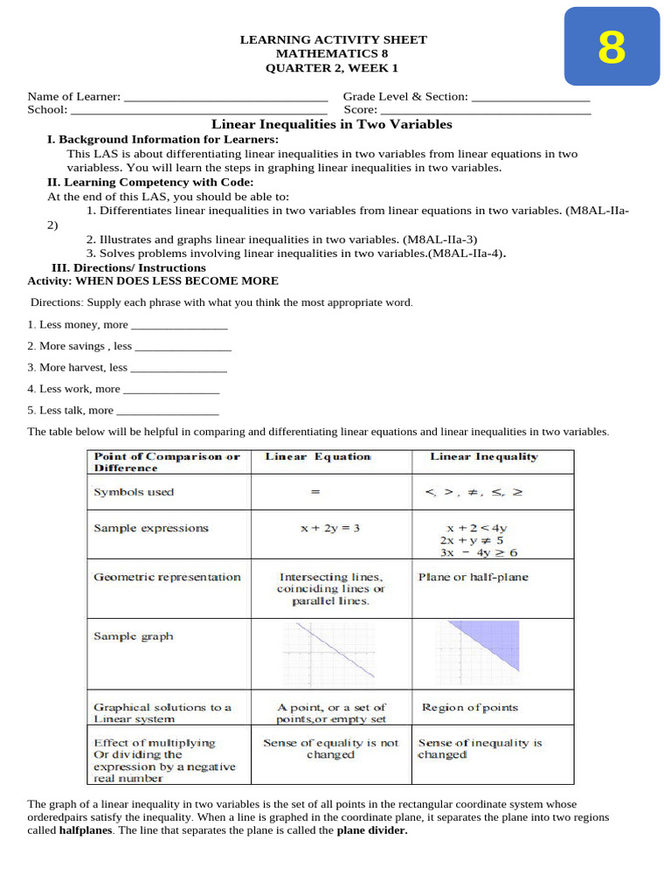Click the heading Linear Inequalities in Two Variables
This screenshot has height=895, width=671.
(333, 125)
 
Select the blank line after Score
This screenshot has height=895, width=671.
(485, 111)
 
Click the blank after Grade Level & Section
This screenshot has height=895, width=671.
(530, 97)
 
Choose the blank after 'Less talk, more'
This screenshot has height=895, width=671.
(168, 411)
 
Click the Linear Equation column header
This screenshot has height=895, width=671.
(318, 457)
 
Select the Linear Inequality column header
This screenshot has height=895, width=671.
(484, 457)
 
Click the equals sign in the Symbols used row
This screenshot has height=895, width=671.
(315, 493)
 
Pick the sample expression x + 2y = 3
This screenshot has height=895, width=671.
(318, 528)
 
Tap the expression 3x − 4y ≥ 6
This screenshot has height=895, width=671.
(479, 553)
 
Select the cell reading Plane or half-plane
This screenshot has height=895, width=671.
(474, 578)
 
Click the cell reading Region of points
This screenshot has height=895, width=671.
(470, 708)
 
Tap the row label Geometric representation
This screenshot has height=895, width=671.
(167, 578)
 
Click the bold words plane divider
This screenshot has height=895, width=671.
(372, 831)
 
